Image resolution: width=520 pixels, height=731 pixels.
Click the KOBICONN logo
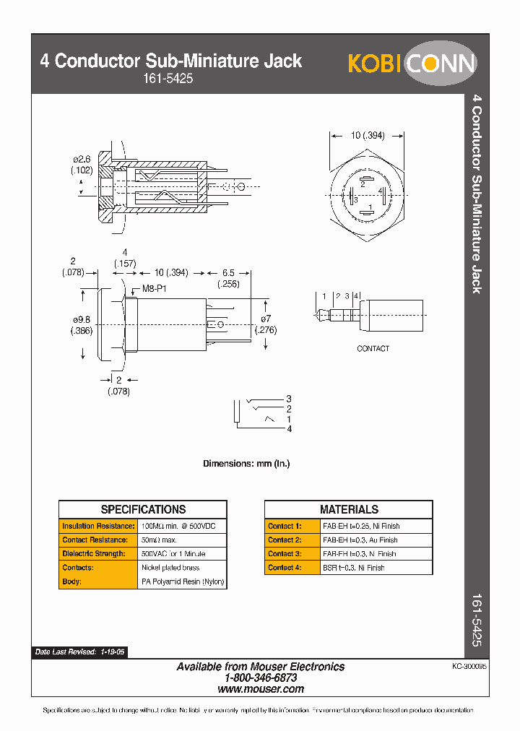412,64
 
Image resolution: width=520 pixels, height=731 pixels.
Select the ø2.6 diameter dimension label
82,159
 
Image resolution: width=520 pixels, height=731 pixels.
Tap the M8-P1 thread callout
153,288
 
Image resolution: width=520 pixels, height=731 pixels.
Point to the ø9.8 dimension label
81,319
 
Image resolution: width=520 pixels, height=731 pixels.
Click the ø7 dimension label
267,319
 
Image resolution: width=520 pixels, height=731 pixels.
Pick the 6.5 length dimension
227,273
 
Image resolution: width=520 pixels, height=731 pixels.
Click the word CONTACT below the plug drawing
373,348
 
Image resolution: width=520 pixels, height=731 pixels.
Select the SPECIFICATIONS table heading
143,509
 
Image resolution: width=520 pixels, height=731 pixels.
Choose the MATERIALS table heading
348,509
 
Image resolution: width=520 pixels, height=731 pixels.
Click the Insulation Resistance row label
97,526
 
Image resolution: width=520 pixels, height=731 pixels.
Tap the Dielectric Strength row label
95,553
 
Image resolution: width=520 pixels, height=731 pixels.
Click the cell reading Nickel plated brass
170,568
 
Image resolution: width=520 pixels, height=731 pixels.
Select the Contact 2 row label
285,540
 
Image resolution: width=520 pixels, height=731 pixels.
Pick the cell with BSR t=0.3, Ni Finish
353,568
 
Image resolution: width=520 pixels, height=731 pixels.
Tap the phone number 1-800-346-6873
261,678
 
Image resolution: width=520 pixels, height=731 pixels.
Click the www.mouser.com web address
261,689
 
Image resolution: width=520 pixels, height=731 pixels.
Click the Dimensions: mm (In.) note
246,464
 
